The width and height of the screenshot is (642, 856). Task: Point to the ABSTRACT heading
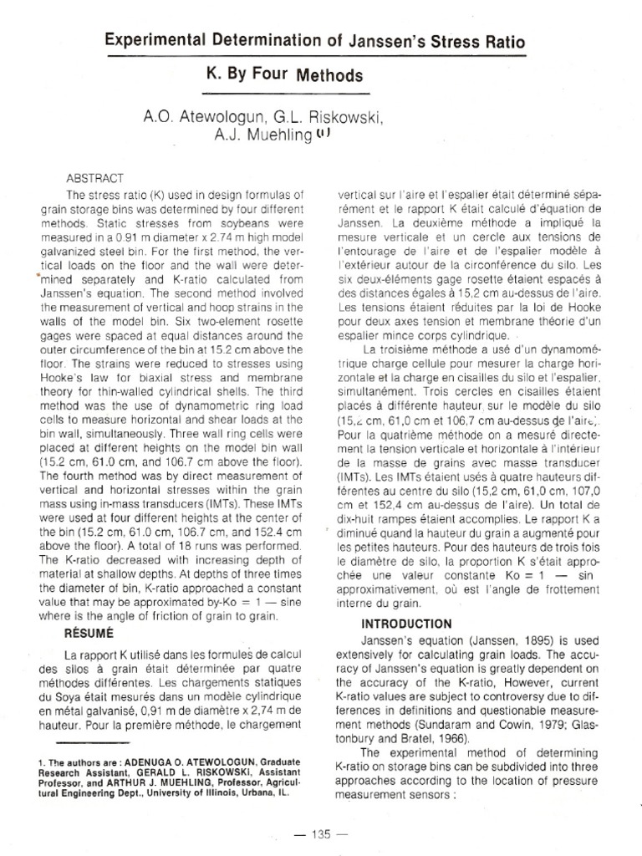coord(94,178)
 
